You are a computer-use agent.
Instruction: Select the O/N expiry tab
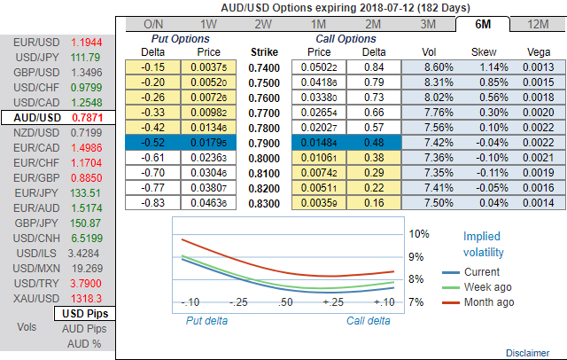click(152, 24)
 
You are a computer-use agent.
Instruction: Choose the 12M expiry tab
click(534, 24)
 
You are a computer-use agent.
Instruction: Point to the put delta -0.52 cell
click(154, 142)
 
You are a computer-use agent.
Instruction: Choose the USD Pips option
click(84, 314)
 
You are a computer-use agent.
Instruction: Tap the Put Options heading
click(182, 39)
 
